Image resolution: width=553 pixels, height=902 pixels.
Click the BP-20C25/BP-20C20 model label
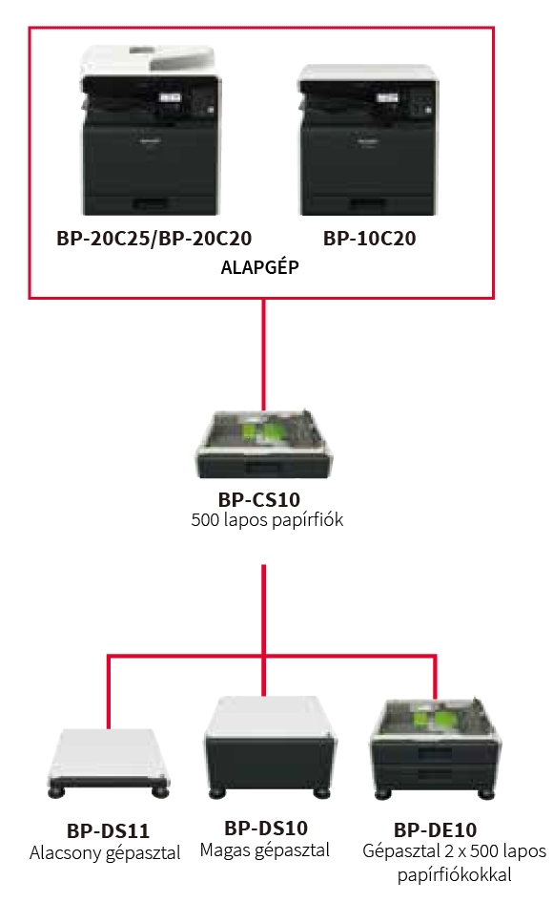pyautogui.click(x=154, y=239)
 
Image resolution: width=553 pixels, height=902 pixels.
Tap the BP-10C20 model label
pyautogui.click(x=370, y=239)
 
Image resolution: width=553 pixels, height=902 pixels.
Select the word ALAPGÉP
pyautogui.click(x=260, y=266)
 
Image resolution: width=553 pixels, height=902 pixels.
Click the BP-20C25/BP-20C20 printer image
pyautogui.click(x=150, y=130)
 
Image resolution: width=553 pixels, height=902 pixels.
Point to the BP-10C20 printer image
pyautogui.click(x=369, y=139)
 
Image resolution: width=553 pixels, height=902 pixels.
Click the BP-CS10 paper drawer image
pyautogui.click(x=265, y=444)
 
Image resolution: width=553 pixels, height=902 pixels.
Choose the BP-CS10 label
pyautogui.click(x=259, y=499)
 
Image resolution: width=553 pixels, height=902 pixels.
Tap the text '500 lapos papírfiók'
pyautogui.click(x=267, y=519)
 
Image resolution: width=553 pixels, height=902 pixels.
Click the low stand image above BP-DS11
pyautogui.click(x=108, y=763)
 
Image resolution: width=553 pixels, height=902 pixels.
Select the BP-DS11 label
pyautogui.click(x=108, y=830)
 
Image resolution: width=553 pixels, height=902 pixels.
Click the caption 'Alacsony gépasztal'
pyautogui.click(x=105, y=852)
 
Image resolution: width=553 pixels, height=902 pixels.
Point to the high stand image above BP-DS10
pyautogui.click(x=270, y=746)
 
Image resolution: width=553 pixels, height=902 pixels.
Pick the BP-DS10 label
pyautogui.click(x=266, y=828)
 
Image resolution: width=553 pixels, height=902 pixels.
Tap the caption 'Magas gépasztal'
pyautogui.click(x=265, y=850)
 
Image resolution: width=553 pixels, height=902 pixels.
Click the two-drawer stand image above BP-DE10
pyautogui.click(x=433, y=748)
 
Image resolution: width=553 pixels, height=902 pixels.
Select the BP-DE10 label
pyautogui.click(x=435, y=829)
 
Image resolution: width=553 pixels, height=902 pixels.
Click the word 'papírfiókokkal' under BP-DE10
pyautogui.click(x=454, y=875)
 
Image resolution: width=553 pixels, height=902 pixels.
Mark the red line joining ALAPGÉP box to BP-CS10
pyautogui.click(x=264, y=354)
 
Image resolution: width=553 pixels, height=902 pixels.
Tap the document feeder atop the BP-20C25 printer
pyautogui.click(x=150, y=60)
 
